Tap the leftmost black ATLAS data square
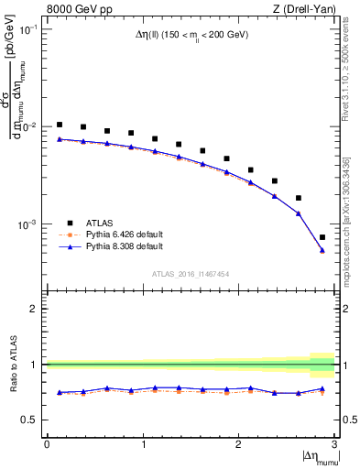pyautogui.click(x=60, y=125)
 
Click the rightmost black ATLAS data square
pyautogui.click(x=322, y=237)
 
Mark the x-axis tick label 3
pyautogui.click(x=334, y=444)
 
